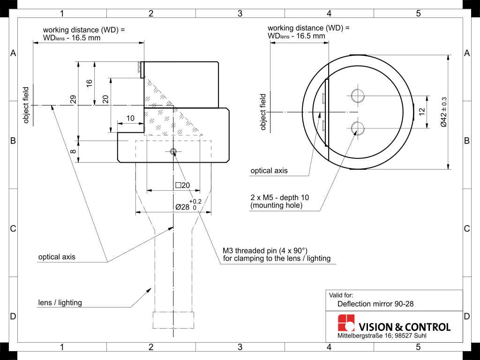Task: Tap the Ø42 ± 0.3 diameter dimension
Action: pyautogui.click(x=443, y=112)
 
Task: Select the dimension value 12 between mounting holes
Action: pyautogui.click(x=421, y=112)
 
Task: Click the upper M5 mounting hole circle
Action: pyautogui.click(x=358, y=96)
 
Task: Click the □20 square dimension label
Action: pyautogui.click(x=182, y=185)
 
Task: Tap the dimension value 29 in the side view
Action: pyautogui.click(x=73, y=99)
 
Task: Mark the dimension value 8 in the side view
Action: pyautogui.click(x=73, y=151)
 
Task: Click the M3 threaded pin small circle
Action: pyautogui.click(x=173, y=151)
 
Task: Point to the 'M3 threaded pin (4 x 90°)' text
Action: pyautogui.click(x=265, y=250)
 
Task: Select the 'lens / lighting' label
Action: pyautogui.click(x=60, y=303)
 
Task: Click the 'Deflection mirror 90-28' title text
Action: pyautogui.click(x=375, y=304)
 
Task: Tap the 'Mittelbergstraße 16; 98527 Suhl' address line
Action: pyautogui.click(x=382, y=337)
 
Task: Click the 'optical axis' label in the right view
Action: pyautogui.click(x=269, y=171)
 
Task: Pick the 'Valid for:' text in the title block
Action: pyautogui.click(x=341, y=295)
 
